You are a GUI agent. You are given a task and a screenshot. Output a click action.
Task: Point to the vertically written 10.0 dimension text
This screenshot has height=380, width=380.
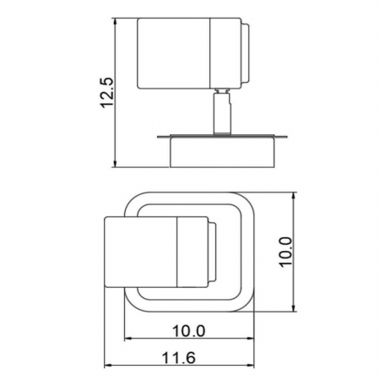[x=285, y=251]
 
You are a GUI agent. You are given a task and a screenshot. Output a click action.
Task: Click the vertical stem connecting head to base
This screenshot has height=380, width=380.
[x=222, y=112]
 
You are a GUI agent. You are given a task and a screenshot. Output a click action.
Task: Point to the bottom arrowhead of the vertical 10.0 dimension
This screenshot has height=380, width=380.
[x=293, y=311]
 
